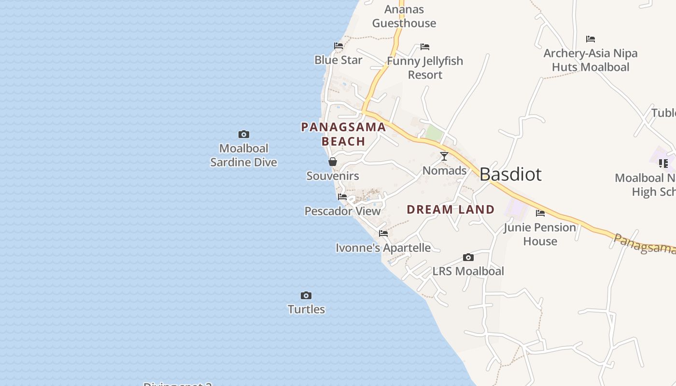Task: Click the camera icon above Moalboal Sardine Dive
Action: pyautogui.click(x=244, y=134)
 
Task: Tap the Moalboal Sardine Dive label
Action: pyautogui.click(x=244, y=155)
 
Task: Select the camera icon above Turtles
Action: pyautogui.click(x=306, y=295)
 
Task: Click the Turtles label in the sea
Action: pyautogui.click(x=306, y=309)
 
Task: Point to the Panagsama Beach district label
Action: pyautogui.click(x=343, y=134)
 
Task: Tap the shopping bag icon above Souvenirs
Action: pyautogui.click(x=333, y=162)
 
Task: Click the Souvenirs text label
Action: pyautogui.click(x=333, y=176)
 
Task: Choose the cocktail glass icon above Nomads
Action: pyautogui.click(x=444, y=156)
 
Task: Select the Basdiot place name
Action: pyautogui.click(x=510, y=174)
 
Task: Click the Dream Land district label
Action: pyautogui.click(x=451, y=209)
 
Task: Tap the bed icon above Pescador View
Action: pyautogui.click(x=342, y=197)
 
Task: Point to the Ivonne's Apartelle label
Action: pyautogui.click(x=383, y=248)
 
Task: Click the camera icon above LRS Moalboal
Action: pyautogui.click(x=468, y=257)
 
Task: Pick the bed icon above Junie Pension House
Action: pyautogui.click(x=540, y=213)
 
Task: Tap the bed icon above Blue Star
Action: pyautogui.click(x=338, y=46)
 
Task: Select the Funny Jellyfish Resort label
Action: pyautogui.click(x=425, y=68)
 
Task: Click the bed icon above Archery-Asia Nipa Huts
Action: pyautogui.click(x=591, y=39)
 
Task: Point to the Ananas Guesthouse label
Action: pyautogui.click(x=404, y=16)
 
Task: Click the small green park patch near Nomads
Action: pyautogui.click(x=435, y=134)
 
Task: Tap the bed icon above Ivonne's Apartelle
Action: pyautogui.click(x=383, y=234)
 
